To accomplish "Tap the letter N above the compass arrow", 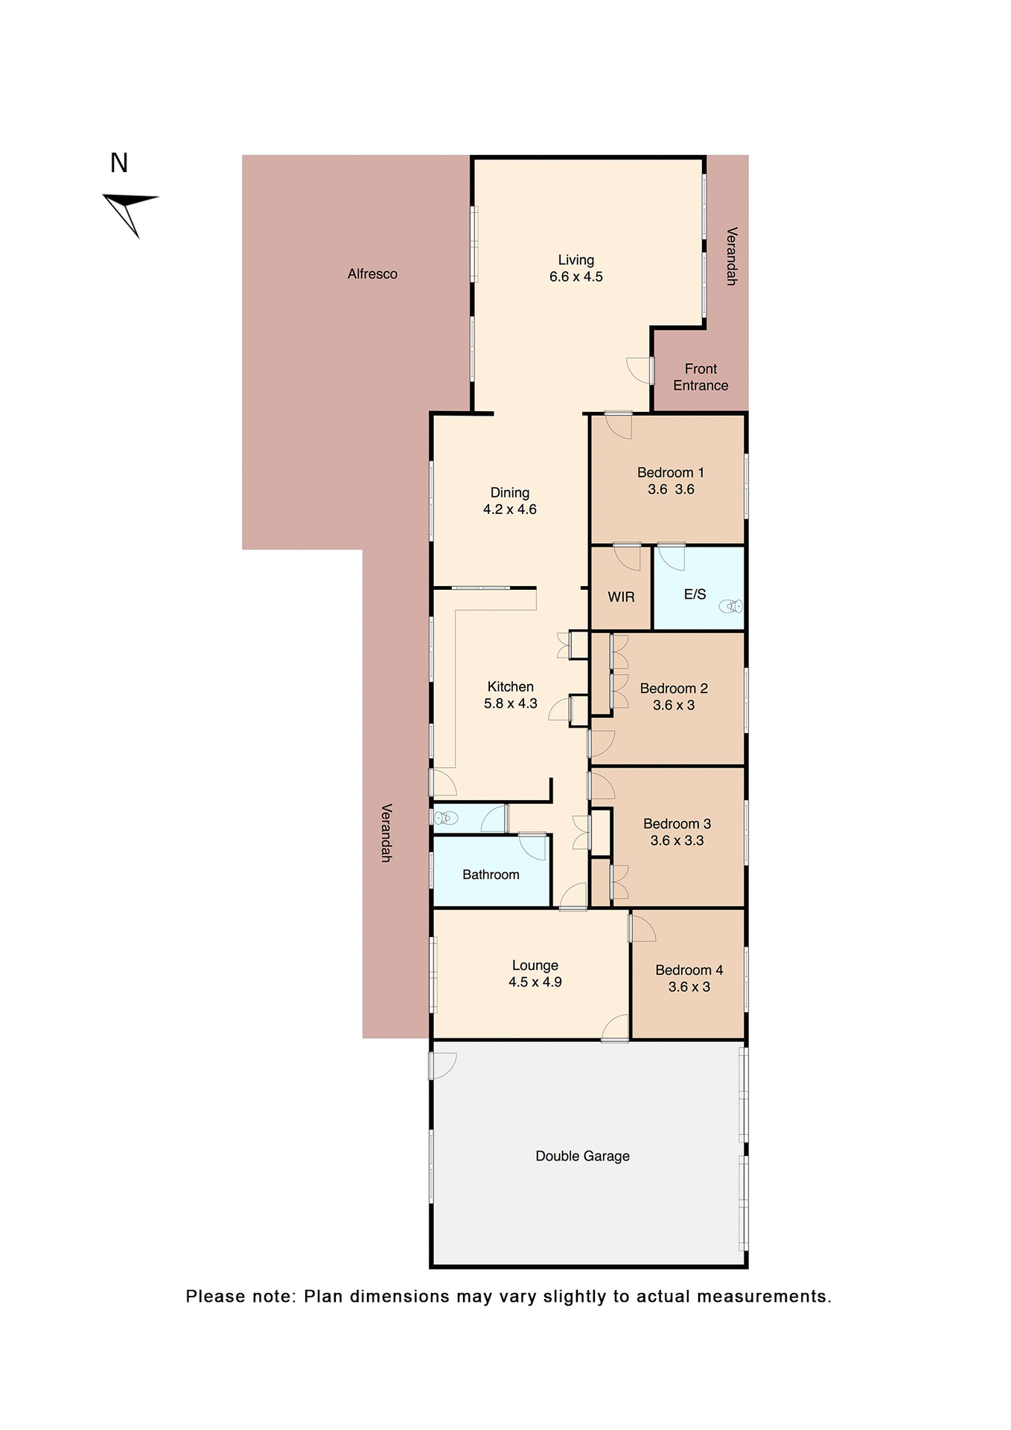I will click(x=119, y=163).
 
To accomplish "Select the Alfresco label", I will click(x=372, y=274).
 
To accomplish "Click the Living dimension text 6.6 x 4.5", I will click(x=575, y=277).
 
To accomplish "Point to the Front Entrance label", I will click(x=701, y=377).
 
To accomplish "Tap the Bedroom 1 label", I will click(x=670, y=472).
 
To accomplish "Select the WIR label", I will click(x=621, y=597).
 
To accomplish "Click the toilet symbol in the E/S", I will click(x=732, y=606).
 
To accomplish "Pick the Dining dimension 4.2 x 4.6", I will click(x=509, y=509).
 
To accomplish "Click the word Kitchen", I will click(x=510, y=687).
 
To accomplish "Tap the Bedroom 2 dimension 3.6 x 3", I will click(x=673, y=705).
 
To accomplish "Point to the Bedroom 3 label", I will click(x=677, y=824).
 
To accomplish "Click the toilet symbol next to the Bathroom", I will click(x=445, y=819).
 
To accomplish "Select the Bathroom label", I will click(x=491, y=874).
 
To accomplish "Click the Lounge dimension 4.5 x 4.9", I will click(x=535, y=982).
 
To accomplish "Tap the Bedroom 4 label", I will click(x=689, y=970).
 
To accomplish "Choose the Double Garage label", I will click(x=582, y=1156).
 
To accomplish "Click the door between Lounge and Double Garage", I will click(x=615, y=1029).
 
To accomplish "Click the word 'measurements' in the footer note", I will click(x=763, y=1297).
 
